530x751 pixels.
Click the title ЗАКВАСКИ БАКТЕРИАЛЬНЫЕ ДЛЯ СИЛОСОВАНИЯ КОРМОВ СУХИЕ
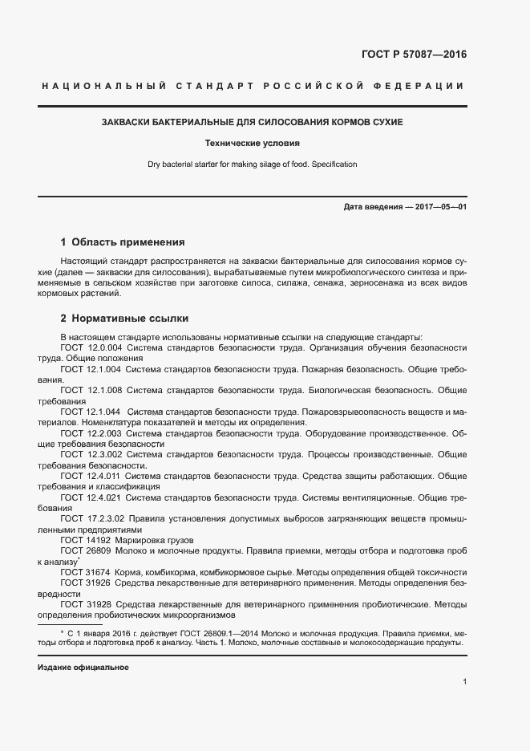point(252,122)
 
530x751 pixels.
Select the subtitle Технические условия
point(252,144)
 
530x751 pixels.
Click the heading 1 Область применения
point(123,242)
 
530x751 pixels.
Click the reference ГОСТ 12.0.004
point(90,347)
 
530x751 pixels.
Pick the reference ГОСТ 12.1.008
point(90,390)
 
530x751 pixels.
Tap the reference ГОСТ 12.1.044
point(90,412)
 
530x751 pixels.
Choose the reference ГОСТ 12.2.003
point(90,433)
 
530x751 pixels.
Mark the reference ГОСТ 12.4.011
point(90,476)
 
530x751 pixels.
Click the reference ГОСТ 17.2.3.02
point(93,519)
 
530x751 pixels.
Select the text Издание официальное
point(83,667)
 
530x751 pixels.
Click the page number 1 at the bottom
point(464,682)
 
